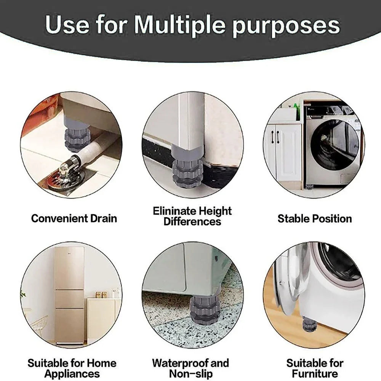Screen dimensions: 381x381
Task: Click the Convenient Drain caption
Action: point(74,218)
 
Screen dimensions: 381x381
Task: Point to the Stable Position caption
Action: point(314,218)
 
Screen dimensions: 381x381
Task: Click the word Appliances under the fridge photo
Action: point(72,373)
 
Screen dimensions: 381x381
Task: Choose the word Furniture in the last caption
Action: point(315,373)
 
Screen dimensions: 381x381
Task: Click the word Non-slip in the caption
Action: point(190,373)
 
